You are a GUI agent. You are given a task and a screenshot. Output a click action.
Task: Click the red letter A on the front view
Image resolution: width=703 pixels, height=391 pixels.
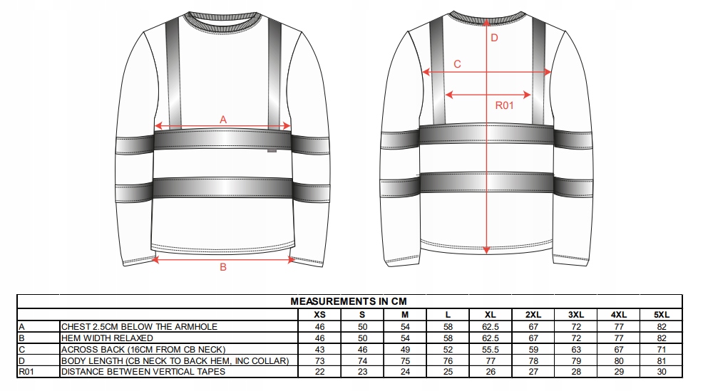tap(223, 120)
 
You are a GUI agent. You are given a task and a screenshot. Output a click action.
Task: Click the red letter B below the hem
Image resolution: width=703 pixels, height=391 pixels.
tap(223, 267)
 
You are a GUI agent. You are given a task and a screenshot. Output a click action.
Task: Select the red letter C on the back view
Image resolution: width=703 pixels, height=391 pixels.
tap(457, 64)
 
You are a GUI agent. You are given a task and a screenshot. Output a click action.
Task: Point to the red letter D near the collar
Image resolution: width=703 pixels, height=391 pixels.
tap(494, 38)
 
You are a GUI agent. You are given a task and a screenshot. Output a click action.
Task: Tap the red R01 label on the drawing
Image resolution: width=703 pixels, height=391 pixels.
tap(505, 106)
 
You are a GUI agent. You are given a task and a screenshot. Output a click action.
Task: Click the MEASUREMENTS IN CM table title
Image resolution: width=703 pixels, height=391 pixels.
tap(348, 301)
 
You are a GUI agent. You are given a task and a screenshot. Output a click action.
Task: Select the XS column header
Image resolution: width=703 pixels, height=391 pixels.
tap(319, 314)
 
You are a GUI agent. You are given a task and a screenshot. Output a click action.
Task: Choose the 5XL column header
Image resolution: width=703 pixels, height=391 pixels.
tap(662, 314)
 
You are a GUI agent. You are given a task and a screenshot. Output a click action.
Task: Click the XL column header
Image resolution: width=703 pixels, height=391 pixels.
tap(491, 314)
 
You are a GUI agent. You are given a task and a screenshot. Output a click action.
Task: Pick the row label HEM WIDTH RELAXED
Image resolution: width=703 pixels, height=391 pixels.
tap(107, 338)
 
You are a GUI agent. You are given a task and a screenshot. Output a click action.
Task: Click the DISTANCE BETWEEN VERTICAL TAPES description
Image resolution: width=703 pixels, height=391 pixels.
tap(143, 371)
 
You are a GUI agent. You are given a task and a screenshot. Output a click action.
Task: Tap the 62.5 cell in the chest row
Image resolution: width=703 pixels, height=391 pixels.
tap(491, 326)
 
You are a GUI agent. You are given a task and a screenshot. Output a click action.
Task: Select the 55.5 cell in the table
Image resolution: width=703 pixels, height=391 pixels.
tap(491, 349)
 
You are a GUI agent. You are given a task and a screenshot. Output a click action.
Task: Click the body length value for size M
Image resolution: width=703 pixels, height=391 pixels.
tap(405, 360)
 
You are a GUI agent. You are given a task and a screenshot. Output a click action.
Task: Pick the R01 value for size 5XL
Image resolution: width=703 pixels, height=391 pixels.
tap(662, 371)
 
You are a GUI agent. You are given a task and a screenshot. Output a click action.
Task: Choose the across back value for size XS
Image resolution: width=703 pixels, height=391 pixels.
tap(319, 349)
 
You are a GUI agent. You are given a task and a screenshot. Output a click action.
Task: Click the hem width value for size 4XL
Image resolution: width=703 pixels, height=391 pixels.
tap(619, 338)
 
